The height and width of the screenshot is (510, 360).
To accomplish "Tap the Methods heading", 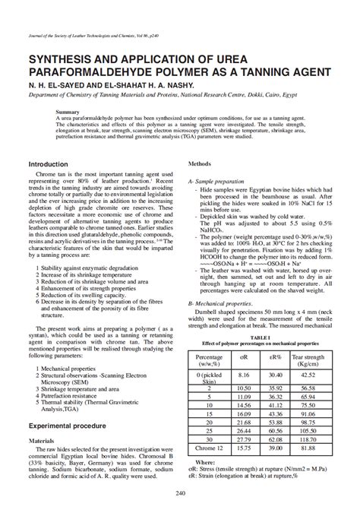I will click(199, 163).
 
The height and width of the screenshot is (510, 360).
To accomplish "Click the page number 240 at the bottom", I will click(180, 494).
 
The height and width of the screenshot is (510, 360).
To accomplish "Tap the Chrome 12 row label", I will click(210, 448).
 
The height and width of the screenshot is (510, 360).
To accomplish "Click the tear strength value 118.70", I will click(308, 439).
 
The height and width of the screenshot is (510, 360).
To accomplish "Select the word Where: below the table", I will click(205, 461).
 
